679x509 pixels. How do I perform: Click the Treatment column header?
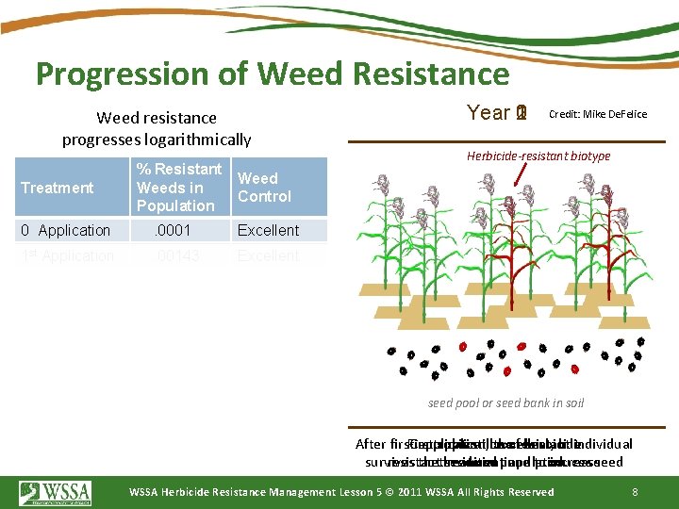58,188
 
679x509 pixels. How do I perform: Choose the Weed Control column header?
264,187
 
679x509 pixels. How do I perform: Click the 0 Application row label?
66,230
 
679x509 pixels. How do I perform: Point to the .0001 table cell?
174,230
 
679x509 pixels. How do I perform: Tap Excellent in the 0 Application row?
268,230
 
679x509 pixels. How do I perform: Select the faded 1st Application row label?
67,255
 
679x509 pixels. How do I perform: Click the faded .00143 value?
177,255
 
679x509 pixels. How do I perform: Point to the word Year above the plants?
489,113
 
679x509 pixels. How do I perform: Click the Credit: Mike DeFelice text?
598,114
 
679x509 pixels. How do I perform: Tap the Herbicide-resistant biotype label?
538,156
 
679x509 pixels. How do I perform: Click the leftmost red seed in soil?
462,346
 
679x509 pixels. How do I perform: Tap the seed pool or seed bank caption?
505,402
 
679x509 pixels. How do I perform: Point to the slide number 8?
636,491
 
